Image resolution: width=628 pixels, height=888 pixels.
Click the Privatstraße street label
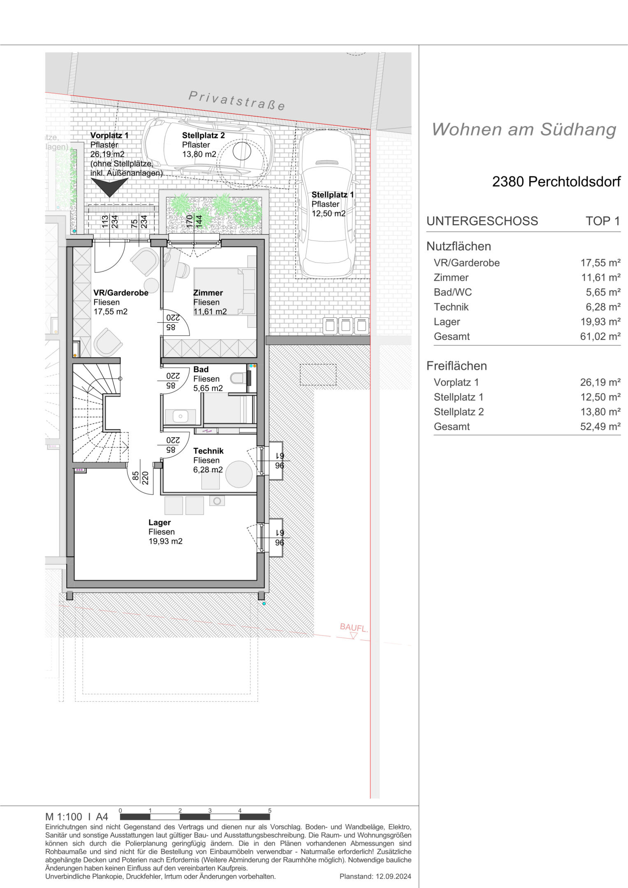pyautogui.click(x=237, y=101)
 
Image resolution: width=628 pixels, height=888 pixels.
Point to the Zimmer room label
pyautogui.click(x=208, y=293)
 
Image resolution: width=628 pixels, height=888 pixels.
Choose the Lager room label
pyautogui.click(x=160, y=523)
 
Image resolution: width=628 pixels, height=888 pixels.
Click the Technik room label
pyautogui.click(x=209, y=451)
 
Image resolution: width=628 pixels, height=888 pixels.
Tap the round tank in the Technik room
pyautogui.click(x=239, y=474)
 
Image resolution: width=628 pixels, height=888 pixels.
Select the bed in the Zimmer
pyautogui.click(x=225, y=291)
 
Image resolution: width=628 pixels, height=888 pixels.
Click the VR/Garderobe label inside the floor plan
pyautogui.click(x=121, y=293)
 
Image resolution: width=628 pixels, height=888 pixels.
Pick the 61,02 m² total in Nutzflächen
pyautogui.click(x=600, y=337)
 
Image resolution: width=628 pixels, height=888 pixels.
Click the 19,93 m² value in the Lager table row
pyautogui.click(x=600, y=322)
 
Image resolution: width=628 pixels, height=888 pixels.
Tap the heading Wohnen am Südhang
pyautogui.click(x=524, y=129)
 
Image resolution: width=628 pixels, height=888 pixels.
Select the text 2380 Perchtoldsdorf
pyautogui.click(x=556, y=181)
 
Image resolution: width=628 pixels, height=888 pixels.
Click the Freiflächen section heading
pyautogui.click(x=457, y=366)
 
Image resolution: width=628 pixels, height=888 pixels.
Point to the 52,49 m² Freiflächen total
pyautogui.click(x=600, y=427)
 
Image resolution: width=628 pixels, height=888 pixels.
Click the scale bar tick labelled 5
pyautogui.click(x=270, y=811)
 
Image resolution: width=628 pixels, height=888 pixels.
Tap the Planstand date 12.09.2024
pyautogui.click(x=393, y=876)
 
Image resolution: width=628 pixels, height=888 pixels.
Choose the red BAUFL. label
pyautogui.click(x=354, y=628)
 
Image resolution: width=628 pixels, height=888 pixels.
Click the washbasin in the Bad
pyautogui.click(x=180, y=416)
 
